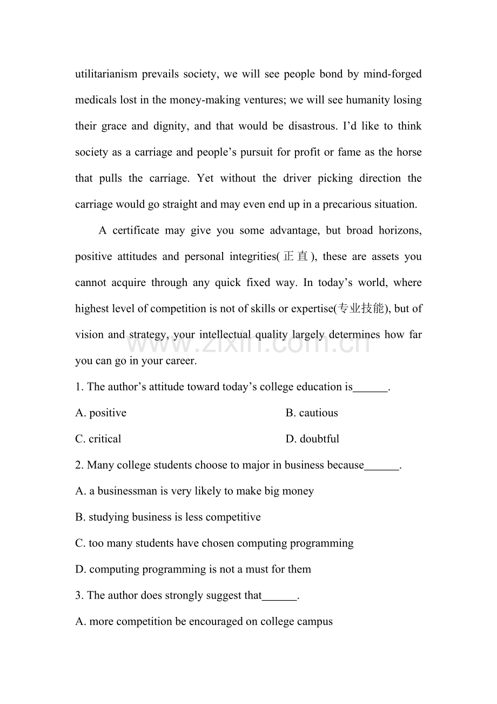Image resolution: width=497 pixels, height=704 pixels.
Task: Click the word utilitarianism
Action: [x=106, y=74]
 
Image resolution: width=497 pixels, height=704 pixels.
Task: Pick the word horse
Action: [x=408, y=152]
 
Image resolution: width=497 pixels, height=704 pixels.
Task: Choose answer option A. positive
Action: [x=101, y=413]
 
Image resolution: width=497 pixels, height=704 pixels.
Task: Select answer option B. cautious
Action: [x=312, y=413]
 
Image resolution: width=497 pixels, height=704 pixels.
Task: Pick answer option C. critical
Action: [x=98, y=439]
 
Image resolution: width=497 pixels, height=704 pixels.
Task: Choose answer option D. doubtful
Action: [x=312, y=439]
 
